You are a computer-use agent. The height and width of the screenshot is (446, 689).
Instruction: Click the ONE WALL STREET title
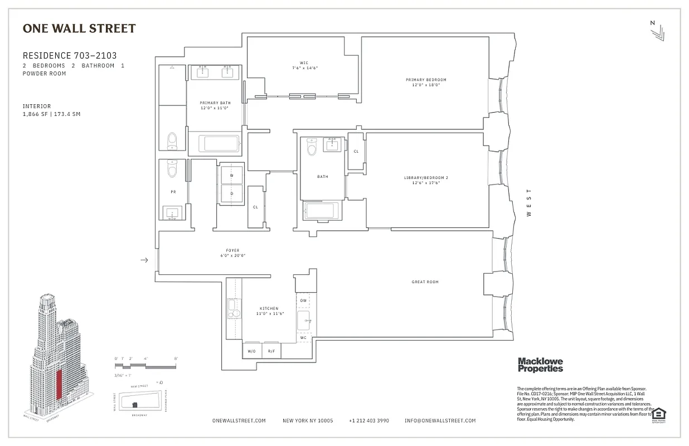point(79,28)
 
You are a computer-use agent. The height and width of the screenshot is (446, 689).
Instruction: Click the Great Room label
point(425,282)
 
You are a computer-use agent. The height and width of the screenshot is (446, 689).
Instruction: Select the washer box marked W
point(231,175)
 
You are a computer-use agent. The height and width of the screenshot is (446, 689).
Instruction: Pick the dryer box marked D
point(231,194)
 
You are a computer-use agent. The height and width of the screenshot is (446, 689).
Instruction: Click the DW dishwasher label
point(303,300)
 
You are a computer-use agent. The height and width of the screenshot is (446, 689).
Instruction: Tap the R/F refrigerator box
point(271,351)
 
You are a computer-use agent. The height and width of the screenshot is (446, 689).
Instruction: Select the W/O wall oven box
point(252,351)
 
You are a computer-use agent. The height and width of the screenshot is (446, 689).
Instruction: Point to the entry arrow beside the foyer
point(144,260)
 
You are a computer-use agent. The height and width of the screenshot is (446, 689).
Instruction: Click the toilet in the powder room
point(172,169)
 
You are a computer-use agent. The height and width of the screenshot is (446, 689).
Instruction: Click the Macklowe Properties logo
point(540,365)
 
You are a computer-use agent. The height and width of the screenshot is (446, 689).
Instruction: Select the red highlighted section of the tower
point(58,384)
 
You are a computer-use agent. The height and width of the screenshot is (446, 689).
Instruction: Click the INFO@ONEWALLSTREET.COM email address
point(440,421)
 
